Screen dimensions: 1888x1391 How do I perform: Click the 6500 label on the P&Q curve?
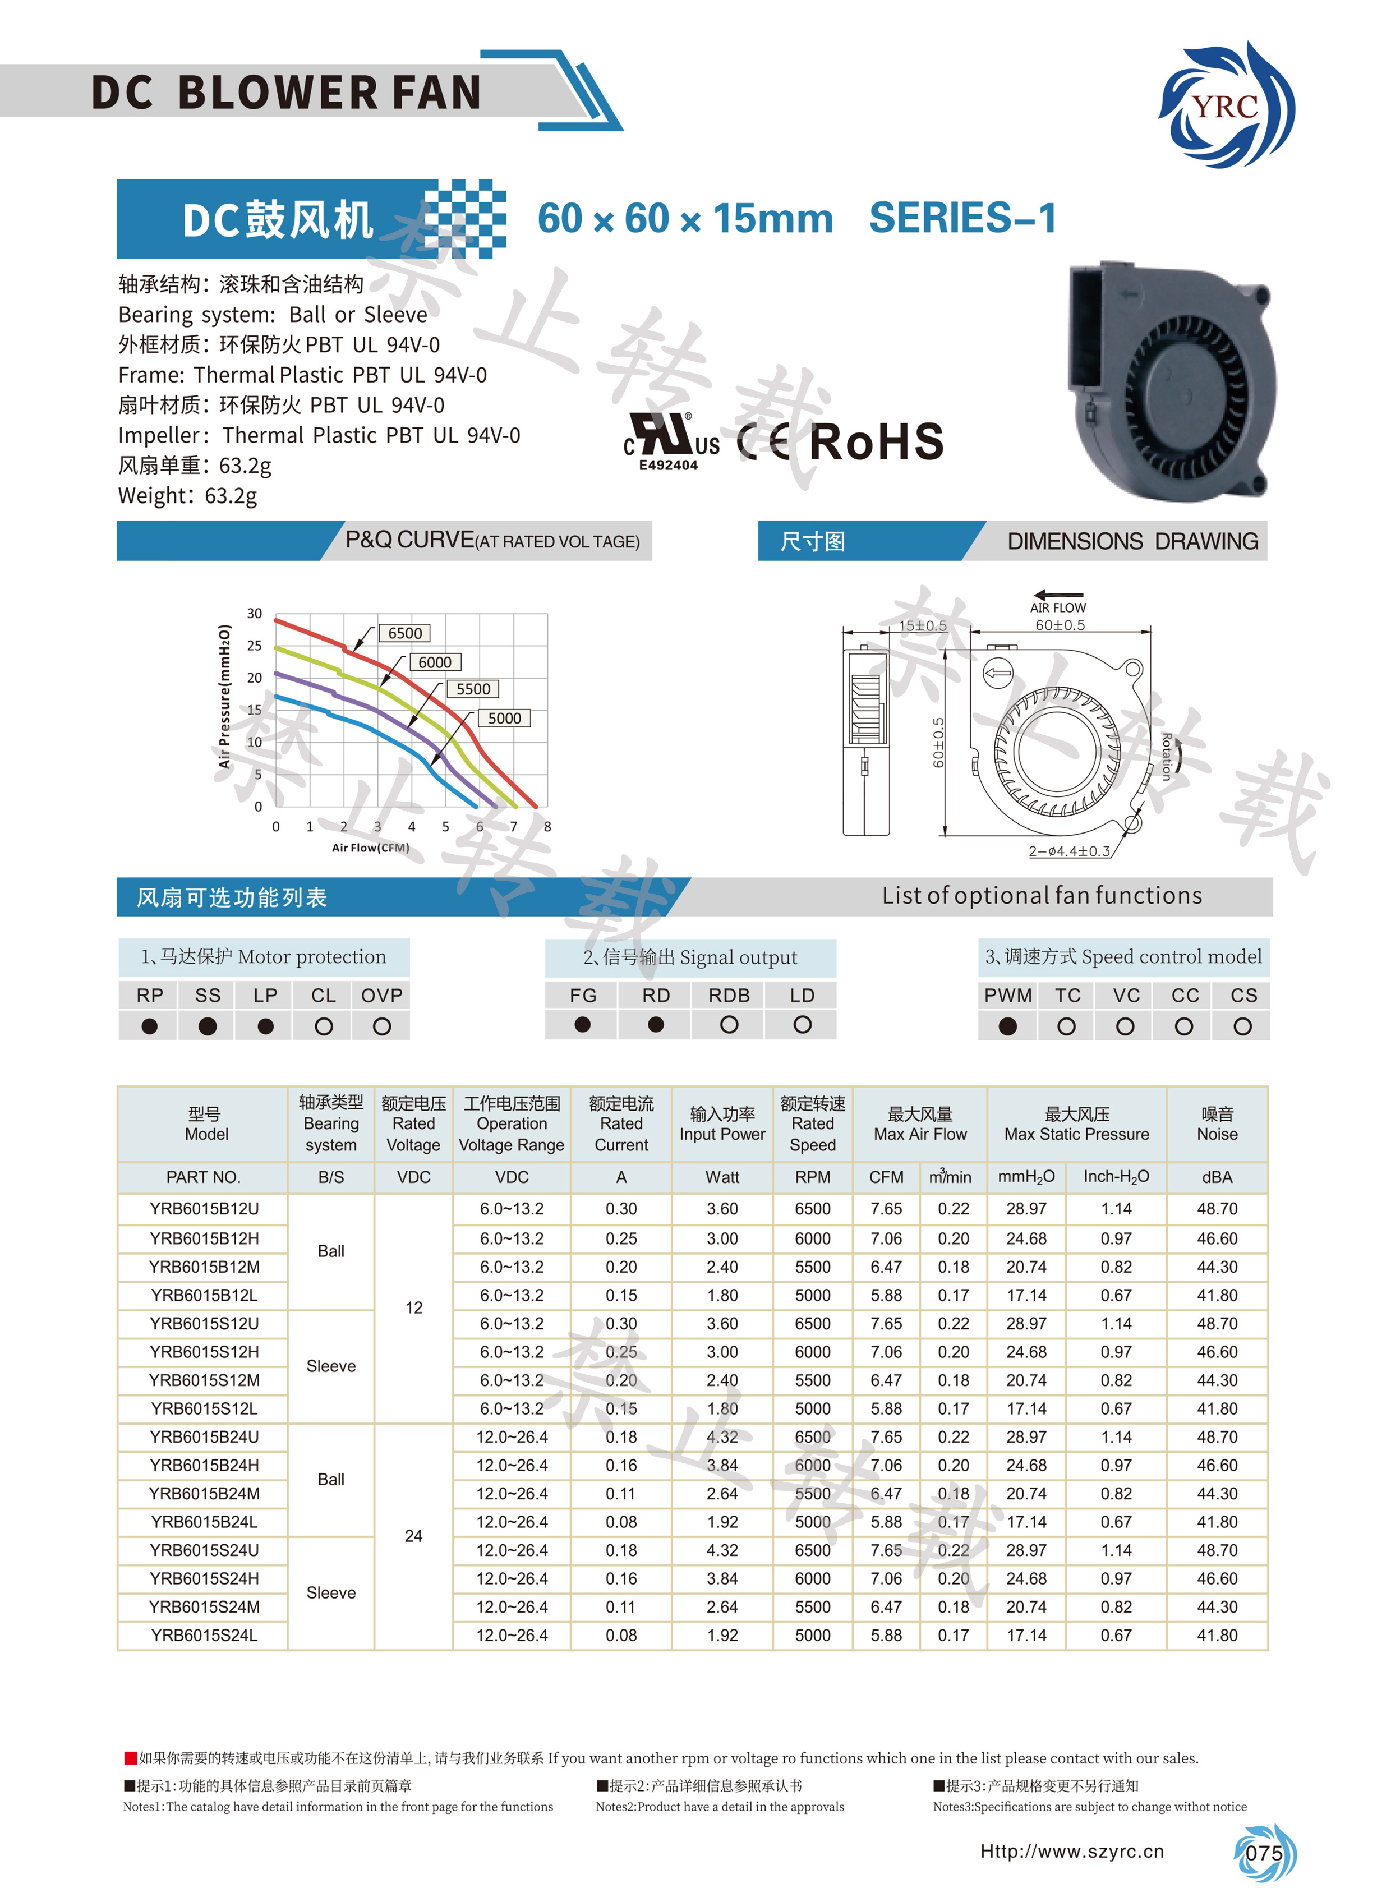(405, 633)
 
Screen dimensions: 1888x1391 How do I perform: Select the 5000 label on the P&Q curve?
(504, 719)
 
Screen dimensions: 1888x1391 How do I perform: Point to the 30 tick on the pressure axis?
(254, 614)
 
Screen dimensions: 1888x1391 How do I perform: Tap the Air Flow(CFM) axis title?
(371, 848)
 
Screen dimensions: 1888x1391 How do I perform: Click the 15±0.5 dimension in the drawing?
(923, 625)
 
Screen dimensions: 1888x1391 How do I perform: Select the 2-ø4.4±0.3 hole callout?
(1070, 851)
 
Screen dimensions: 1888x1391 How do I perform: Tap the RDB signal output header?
(729, 996)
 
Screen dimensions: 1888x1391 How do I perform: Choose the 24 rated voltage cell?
(413, 1536)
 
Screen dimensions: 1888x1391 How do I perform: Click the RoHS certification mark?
(877, 442)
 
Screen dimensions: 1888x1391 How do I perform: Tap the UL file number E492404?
(669, 465)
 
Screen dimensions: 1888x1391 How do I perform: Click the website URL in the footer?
(1072, 1851)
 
